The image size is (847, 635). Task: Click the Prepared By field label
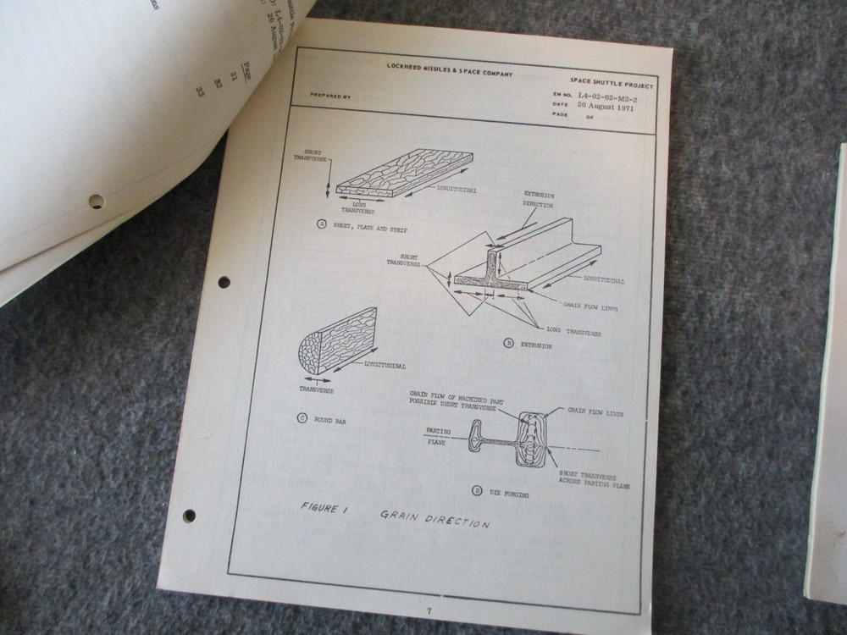tap(329, 97)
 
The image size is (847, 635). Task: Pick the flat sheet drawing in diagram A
tap(405, 175)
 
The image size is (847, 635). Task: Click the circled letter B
tap(508, 344)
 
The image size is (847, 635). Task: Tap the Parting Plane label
tap(437, 436)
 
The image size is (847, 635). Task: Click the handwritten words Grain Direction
tap(434, 518)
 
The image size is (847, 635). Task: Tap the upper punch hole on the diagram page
tap(224, 281)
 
